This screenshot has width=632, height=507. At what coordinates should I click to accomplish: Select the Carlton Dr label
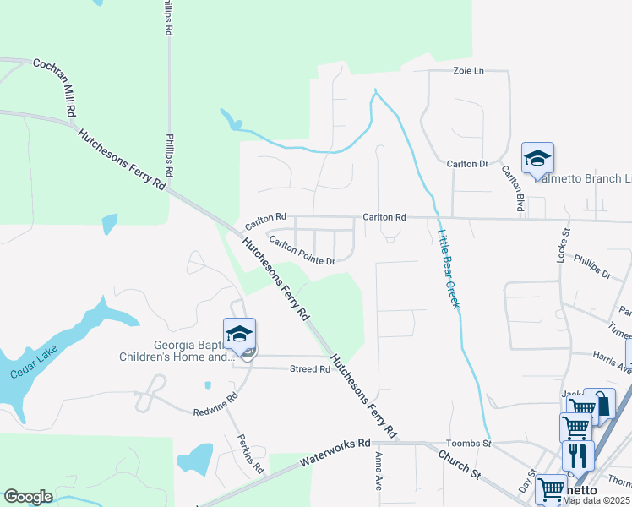468,163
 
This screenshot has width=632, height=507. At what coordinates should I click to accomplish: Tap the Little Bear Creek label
448,269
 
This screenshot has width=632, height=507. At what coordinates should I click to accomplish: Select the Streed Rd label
309,369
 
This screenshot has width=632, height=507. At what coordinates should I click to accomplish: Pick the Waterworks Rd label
335,454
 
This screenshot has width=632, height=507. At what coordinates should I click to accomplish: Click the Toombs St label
468,444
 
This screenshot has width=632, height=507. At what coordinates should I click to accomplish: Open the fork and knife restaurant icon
578,456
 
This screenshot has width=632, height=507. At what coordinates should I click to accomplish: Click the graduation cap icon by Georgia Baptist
239,334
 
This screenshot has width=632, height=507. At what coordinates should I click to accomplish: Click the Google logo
28,497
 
